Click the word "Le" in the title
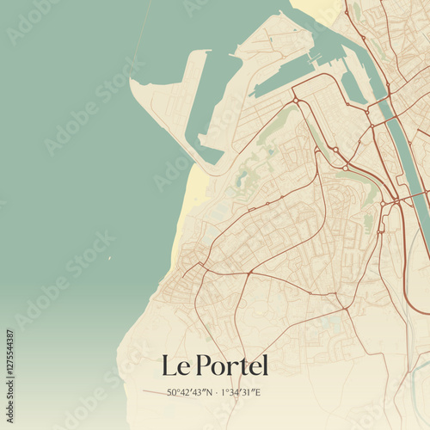click(175, 365)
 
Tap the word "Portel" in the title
click(231, 365)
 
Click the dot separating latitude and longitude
click(216, 392)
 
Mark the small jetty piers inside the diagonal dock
click(316, 60)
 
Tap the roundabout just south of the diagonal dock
click(295, 101)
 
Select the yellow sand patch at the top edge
click(322, 9)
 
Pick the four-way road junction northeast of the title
click(343, 308)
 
